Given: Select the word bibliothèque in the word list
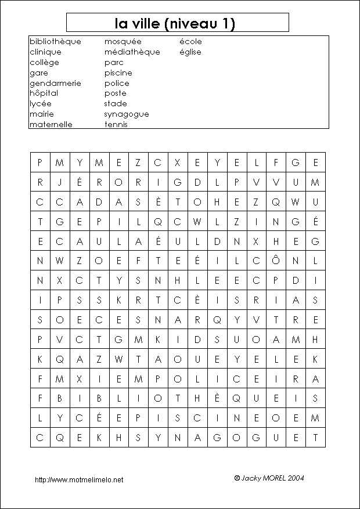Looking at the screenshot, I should pos(55,42).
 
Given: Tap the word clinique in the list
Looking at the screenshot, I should pos(45,52).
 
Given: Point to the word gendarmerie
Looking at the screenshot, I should pos(55,83).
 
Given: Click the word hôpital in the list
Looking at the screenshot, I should pos(44,93).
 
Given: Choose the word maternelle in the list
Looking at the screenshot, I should pos(51,124).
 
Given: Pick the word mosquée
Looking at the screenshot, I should pos(123,42).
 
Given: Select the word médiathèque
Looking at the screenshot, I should pos(132,52).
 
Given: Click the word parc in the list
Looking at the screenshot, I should pos(114,63).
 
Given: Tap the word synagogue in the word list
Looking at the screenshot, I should pos(127,114).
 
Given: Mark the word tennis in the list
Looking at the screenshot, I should pos(116,124).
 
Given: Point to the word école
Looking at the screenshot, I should pos(190,42).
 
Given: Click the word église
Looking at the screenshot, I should pos(190,52).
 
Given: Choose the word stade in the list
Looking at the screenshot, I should pos(116,104).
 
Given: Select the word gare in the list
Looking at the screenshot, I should pos(39,73).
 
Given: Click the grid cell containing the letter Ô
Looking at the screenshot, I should pos(276,261).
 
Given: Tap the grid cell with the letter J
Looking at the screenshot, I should pos(60,182).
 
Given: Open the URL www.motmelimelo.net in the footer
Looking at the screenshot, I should pos(79,480).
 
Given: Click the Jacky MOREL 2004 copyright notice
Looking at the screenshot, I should pos(269,478).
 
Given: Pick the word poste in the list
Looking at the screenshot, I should pos(115,93).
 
